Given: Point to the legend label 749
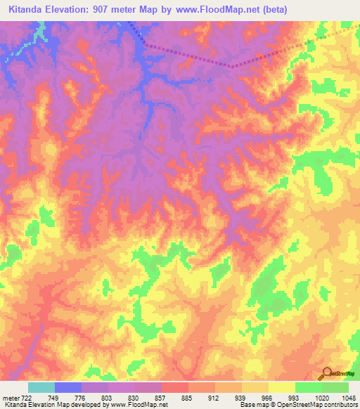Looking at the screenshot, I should click(x=47, y=398).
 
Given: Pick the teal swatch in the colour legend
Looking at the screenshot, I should click(x=41, y=387).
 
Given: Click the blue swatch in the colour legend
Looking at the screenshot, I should click(x=68, y=387).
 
